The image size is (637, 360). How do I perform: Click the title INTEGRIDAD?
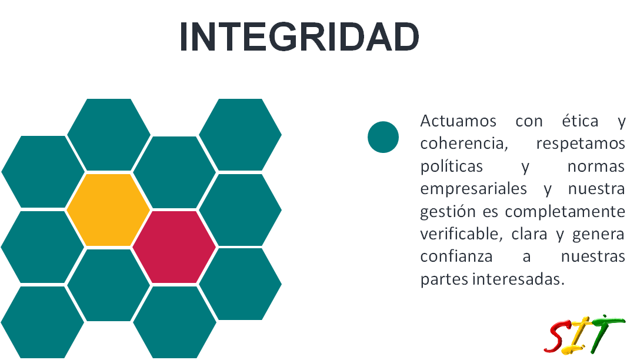coord(299,36)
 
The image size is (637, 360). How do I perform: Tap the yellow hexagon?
coord(108,209)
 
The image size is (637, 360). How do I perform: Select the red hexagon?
coord(174,246)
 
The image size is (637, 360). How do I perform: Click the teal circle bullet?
coord(383,137)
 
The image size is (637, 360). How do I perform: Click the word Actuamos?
coord(458,121)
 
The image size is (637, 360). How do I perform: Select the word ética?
coord(580,121)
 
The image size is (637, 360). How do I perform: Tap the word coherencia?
coord(464,144)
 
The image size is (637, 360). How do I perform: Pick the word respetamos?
coord(581,144)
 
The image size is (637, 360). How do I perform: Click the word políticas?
coord(451,166)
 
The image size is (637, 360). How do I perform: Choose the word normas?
coord(596,166)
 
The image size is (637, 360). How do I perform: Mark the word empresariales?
coord(473,189)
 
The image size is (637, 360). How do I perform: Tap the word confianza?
coord(456,257)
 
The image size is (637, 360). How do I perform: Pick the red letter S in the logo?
coord(559,336)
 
